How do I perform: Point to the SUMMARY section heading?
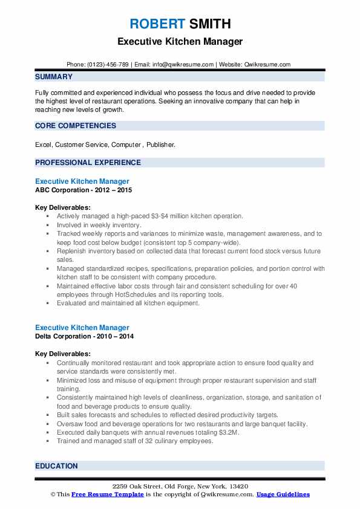54,77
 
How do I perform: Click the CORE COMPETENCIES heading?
76,126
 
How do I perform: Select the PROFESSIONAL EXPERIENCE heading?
88,163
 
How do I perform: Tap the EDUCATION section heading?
56,466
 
